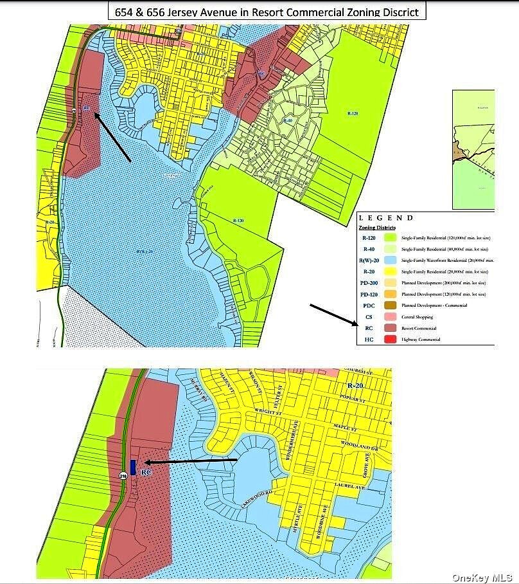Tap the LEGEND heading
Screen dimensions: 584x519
pos(386,218)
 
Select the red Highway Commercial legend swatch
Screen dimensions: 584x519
pos(387,338)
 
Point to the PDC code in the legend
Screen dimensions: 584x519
pos(368,306)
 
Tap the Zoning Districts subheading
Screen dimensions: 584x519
pos(377,228)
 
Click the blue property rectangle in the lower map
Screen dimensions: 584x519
pos(133,467)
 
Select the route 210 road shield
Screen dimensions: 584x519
pos(123,476)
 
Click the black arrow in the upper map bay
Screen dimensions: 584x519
pos(112,137)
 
